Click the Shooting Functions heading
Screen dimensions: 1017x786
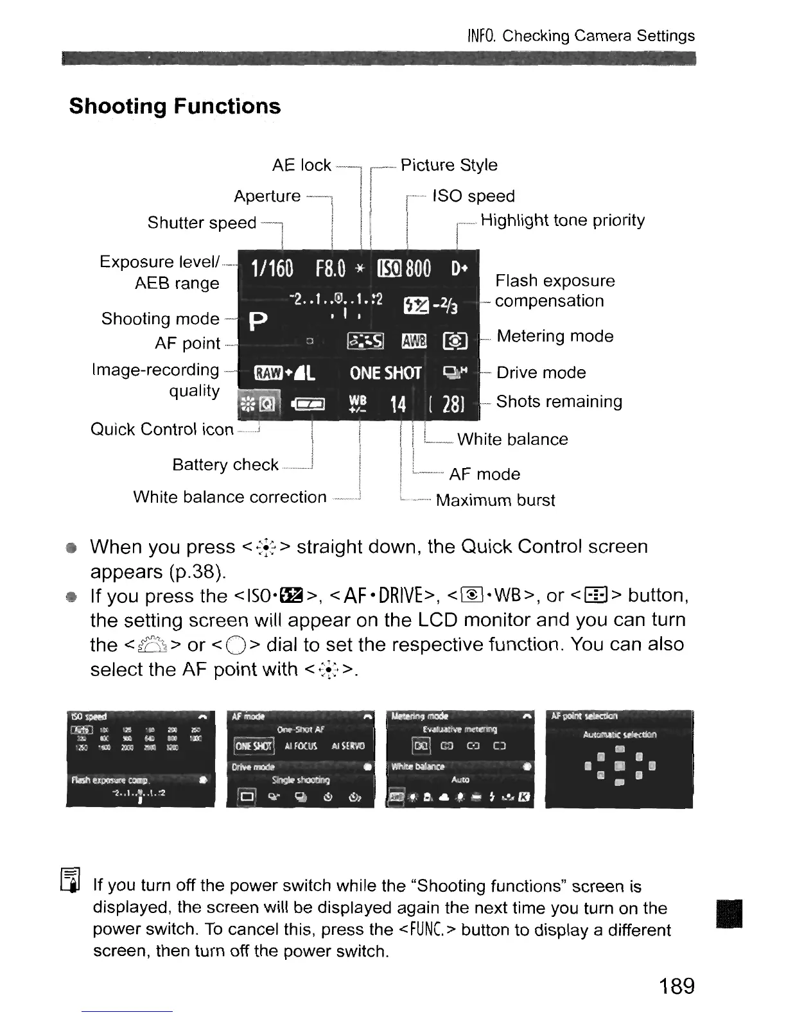175,106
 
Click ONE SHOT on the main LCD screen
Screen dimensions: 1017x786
385,373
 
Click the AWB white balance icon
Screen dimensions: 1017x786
414,342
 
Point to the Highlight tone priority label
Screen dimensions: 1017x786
563,220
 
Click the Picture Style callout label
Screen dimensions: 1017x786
449,165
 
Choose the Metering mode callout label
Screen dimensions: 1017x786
555,336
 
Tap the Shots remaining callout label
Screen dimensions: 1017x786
559,402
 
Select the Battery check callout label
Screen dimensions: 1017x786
225,464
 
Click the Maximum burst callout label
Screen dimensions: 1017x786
495,500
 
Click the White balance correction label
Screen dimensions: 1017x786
230,497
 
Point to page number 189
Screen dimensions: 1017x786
676,985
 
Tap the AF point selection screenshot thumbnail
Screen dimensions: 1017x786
619,758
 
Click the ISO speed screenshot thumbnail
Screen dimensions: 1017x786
140,758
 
